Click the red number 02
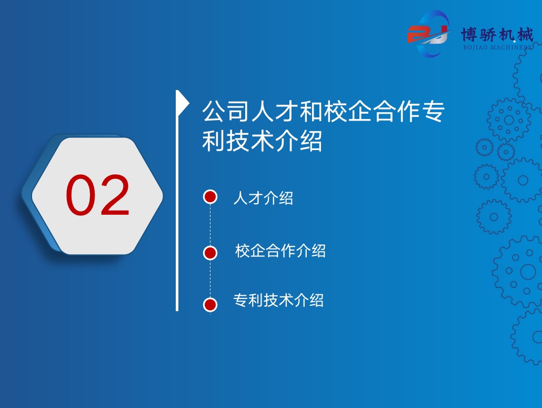pyautogui.click(x=97, y=195)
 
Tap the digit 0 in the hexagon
pyautogui.click(x=81, y=195)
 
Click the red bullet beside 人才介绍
pyautogui.click(x=210, y=197)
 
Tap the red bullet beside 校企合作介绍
pyautogui.click(x=210, y=253)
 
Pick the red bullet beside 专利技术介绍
pyautogui.click(x=210, y=305)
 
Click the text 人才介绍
pyautogui.click(x=264, y=198)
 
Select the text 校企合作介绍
pyautogui.click(x=280, y=251)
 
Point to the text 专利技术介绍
pyautogui.click(x=278, y=300)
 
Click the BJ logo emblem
pyautogui.click(x=429, y=34)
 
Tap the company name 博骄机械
pyautogui.click(x=497, y=35)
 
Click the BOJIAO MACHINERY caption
pyautogui.click(x=498, y=47)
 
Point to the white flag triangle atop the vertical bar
pyautogui.click(x=183, y=103)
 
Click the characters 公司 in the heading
pyautogui.click(x=226, y=111)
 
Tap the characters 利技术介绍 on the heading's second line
pyautogui.click(x=263, y=141)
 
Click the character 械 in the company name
pyautogui.click(x=525, y=35)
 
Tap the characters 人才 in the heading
pyautogui.click(x=275, y=111)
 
